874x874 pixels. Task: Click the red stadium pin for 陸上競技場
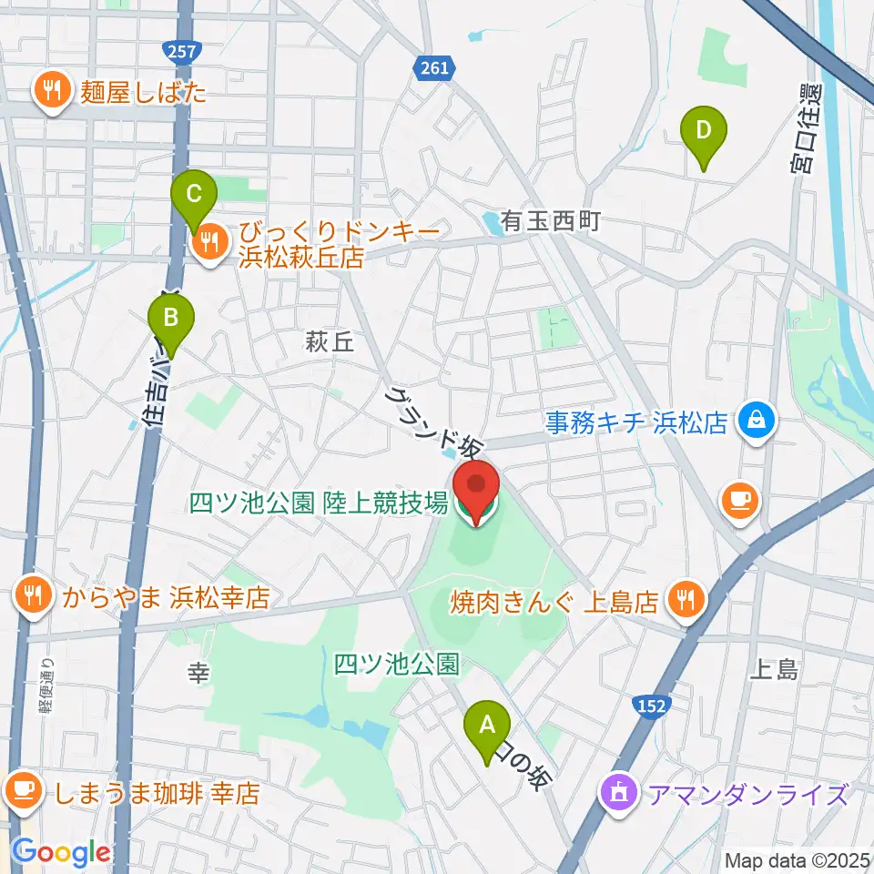[x=476, y=492]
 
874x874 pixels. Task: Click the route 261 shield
[x=434, y=66]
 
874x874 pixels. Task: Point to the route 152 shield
[x=650, y=706]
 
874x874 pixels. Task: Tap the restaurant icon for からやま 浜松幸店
[x=34, y=595]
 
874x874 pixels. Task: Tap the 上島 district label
[x=775, y=670]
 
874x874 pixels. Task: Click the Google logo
[x=61, y=853]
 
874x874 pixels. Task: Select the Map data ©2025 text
[x=798, y=860]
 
